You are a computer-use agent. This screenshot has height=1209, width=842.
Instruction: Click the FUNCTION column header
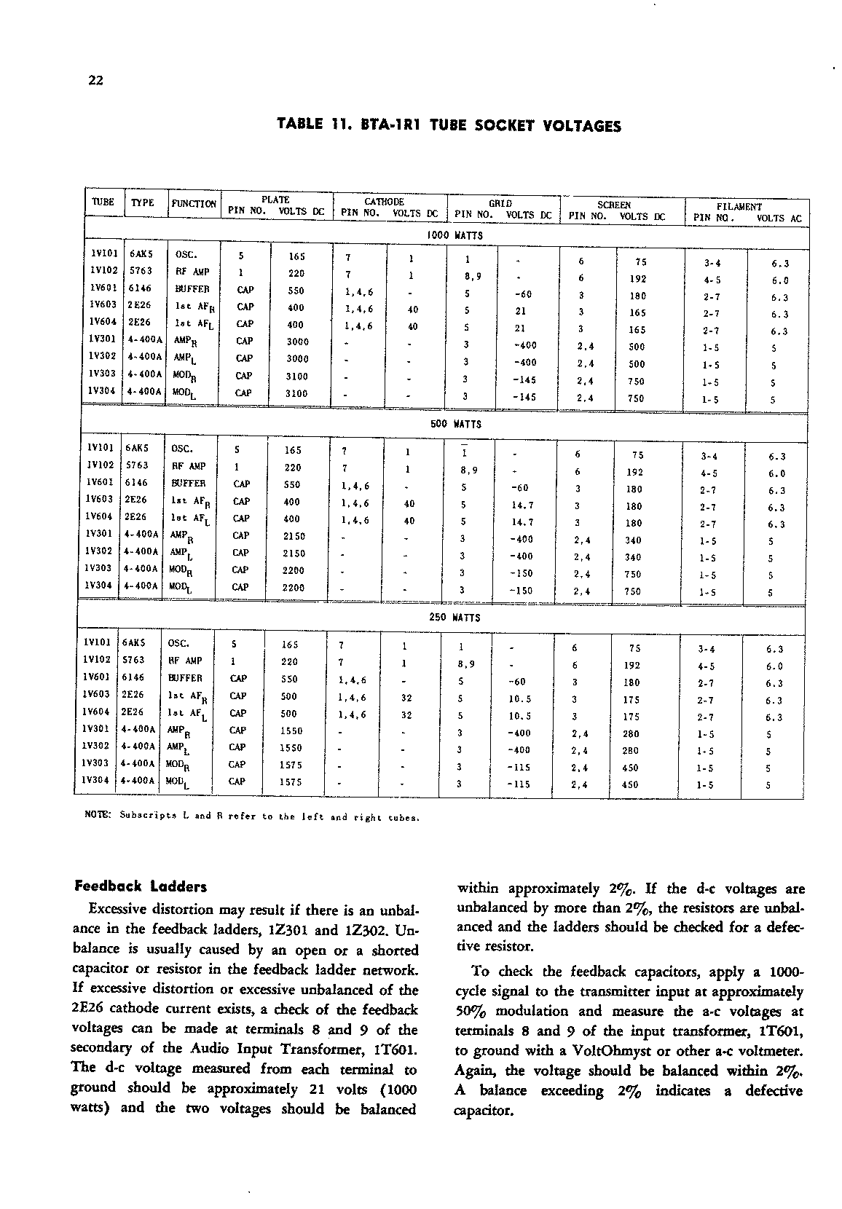(x=194, y=204)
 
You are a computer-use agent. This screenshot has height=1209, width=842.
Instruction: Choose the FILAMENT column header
(x=739, y=207)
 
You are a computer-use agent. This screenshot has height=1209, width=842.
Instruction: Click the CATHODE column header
(x=384, y=202)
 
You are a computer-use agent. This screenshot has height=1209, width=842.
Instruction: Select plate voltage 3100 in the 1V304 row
(x=296, y=394)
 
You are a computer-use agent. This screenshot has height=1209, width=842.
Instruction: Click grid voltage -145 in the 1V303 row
(x=524, y=380)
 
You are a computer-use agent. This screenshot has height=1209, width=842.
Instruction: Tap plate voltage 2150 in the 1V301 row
(x=294, y=536)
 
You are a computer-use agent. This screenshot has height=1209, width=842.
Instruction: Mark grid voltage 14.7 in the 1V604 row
(x=522, y=521)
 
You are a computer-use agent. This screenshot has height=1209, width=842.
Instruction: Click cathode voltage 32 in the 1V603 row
(x=407, y=697)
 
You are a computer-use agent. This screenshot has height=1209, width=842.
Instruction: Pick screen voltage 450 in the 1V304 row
(x=631, y=785)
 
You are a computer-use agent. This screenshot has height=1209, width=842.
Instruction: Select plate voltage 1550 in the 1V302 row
(x=291, y=748)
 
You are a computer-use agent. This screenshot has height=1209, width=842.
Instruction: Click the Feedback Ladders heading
(x=141, y=887)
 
